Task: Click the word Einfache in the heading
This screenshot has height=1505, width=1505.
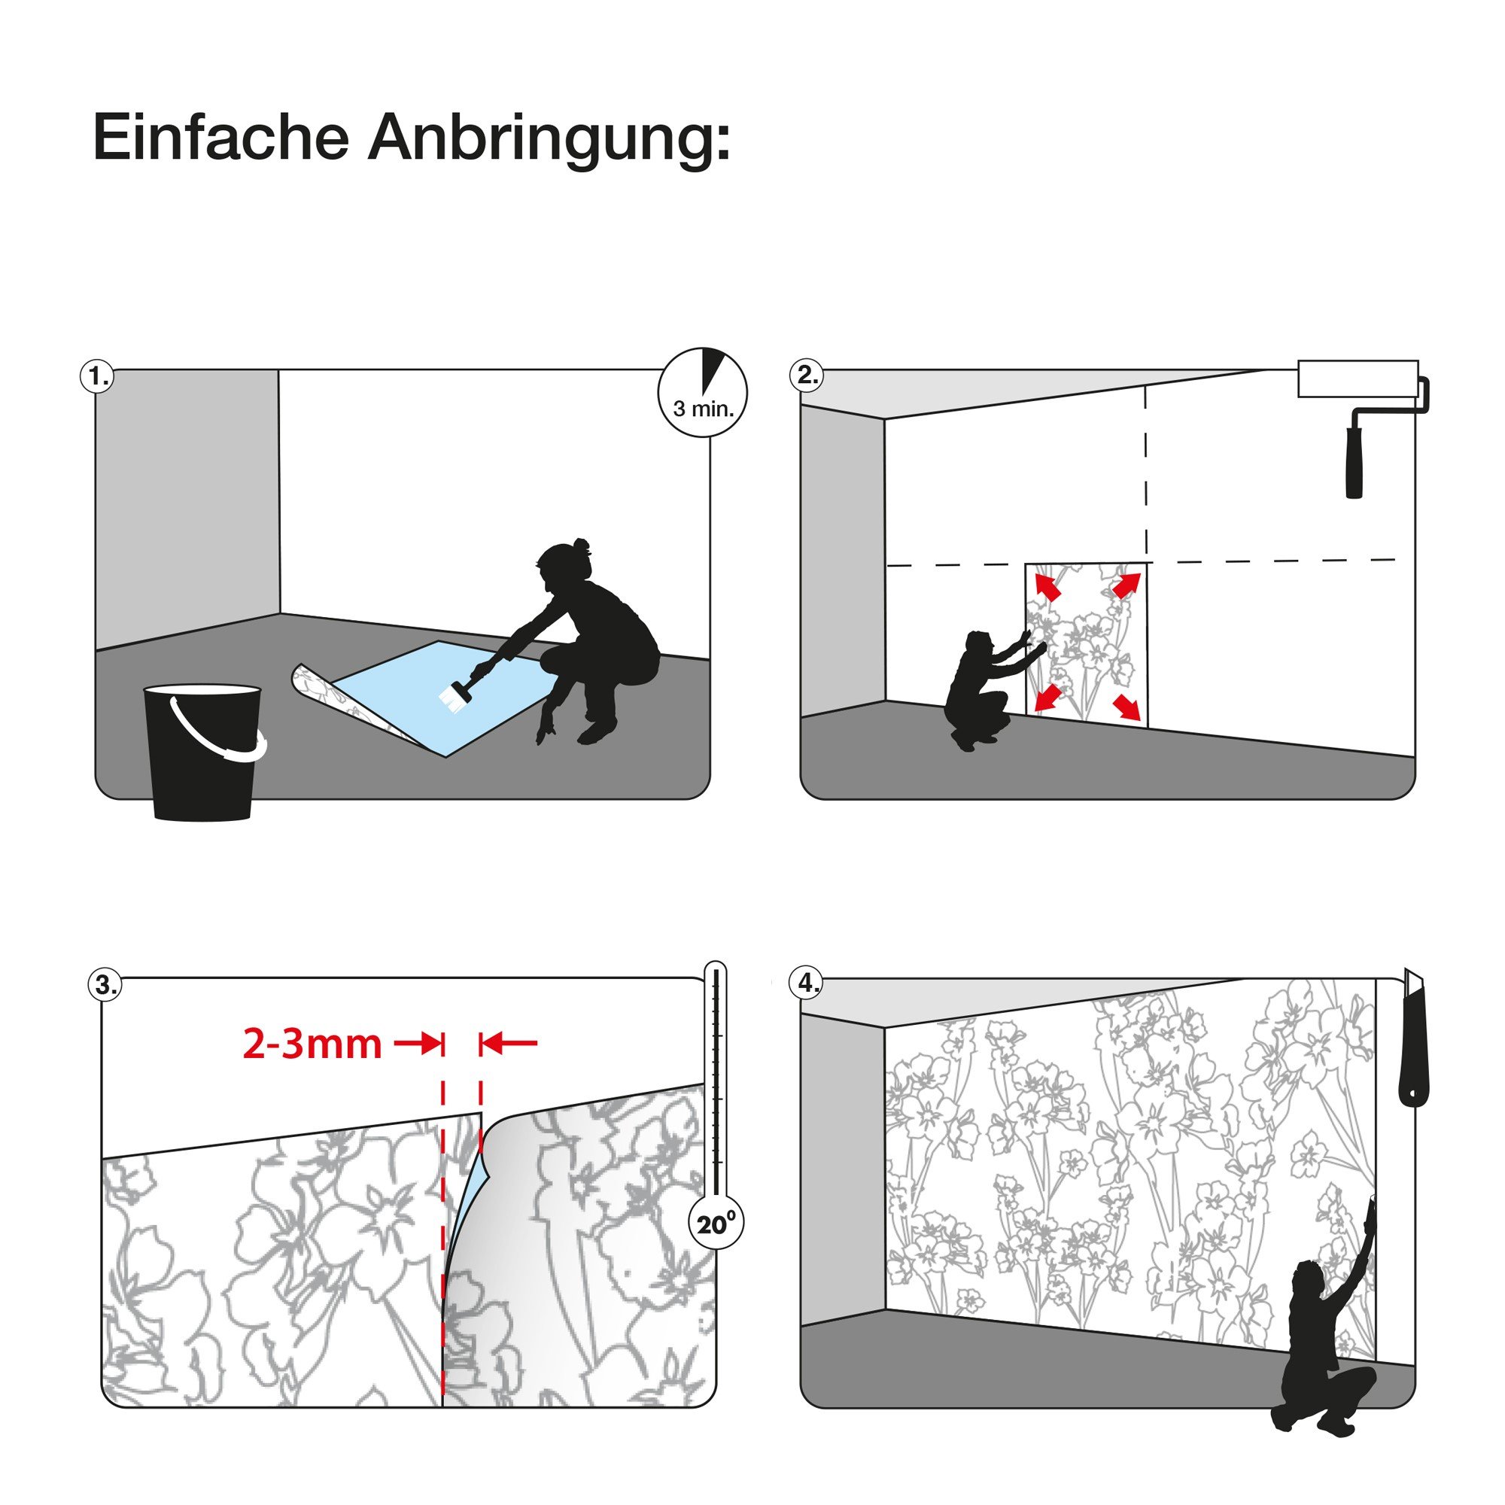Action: pyautogui.click(x=220, y=137)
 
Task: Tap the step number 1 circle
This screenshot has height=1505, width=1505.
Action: pyautogui.click(x=96, y=376)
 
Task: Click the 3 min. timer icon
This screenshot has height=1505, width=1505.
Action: pyautogui.click(x=704, y=392)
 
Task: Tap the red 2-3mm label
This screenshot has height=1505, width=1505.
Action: pyautogui.click(x=312, y=1044)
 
